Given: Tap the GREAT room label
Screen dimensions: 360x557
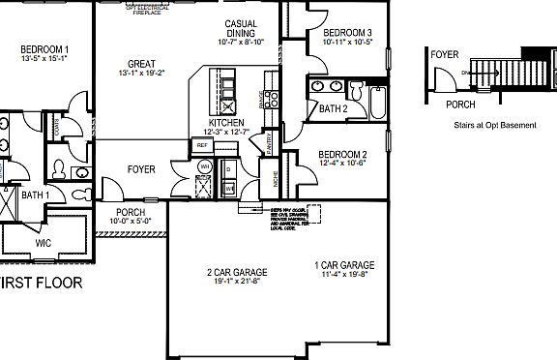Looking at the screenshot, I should [x=142, y=64].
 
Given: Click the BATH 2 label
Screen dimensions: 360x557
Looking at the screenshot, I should [x=333, y=109].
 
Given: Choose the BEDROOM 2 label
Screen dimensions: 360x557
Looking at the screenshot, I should [x=342, y=155].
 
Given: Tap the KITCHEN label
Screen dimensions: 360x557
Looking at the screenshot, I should [x=226, y=123].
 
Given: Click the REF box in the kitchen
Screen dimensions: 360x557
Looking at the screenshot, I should [x=203, y=145].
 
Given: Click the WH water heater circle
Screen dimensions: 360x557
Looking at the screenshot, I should [x=205, y=166].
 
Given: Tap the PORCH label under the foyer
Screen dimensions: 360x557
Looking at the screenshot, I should [x=130, y=213].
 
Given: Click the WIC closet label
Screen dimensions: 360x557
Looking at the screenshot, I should [x=43, y=243].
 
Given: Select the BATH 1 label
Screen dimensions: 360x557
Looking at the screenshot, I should [x=35, y=195].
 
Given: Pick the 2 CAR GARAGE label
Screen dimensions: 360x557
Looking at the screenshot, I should [x=237, y=272].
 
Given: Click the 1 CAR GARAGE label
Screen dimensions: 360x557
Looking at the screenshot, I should [x=344, y=265].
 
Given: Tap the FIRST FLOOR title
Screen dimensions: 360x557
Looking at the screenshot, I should [x=41, y=284].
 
